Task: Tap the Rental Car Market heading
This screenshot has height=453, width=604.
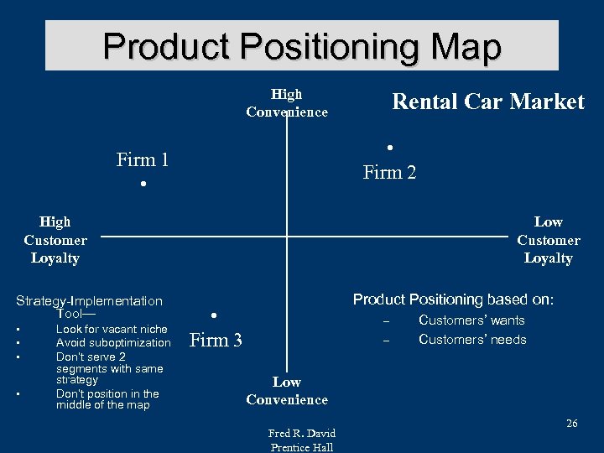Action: pyautogui.click(x=488, y=102)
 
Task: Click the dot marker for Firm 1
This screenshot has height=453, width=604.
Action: pyautogui.click(x=144, y=184)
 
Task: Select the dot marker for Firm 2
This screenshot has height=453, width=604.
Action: pyautogui.click(x=390, y=148)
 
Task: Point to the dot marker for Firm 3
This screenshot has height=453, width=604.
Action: pyautogui.click(x=214, y=315)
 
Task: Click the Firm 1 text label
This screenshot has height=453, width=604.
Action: pyautogui.click(x=143, y=159)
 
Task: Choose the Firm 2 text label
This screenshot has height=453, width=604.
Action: pyautogui.click(x=389, y=173)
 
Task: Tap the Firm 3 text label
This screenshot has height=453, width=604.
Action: pyautogui.click(x=216, y=340)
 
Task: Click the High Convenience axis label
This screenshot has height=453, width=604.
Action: pyautogui.click(x=287, y=103)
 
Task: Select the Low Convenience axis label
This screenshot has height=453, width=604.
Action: pyautogui.click(x=287, y=391)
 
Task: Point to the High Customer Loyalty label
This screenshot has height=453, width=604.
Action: pyautogui.click(x=55, y=240)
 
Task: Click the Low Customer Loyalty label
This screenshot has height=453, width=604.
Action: pyautogui.click(x=548, y=240)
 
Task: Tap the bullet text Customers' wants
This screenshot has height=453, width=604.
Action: pyautogui.click(x=471, y=320)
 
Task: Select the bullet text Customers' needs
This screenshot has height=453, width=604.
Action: pyautogui.click(x=472, y=340)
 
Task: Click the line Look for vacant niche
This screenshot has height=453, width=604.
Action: pyautogui.click(x=112, y=330)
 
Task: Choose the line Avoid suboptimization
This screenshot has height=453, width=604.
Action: pyautogui.click(x=113, y=343)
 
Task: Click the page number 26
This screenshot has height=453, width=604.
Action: pyautogui.click(x=571, y=424)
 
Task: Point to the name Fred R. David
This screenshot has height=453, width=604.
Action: pyautogui.click(x=302, y=434)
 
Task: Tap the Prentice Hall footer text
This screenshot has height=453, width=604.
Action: pyautogui.click(x=302, y=447)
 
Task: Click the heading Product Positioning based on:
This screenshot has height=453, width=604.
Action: pyautogui.click(x=453, y=299)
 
